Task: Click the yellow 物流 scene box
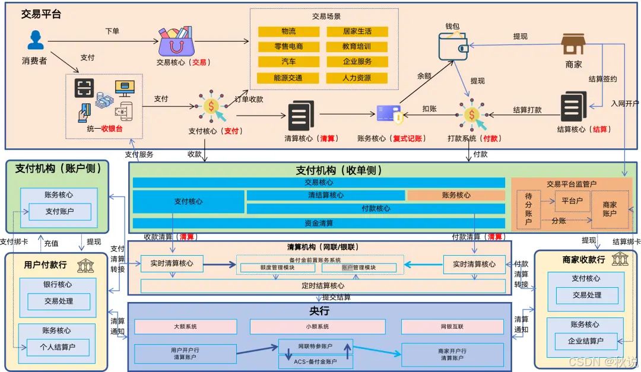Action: [x=288, y=31]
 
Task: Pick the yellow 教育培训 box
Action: [x=357, y=46]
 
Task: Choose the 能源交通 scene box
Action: [x=288, y=78]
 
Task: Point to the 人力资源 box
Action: [x=357, y=78]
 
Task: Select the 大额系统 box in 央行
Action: [x=185, y=327]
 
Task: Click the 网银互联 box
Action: [x=452, y=327]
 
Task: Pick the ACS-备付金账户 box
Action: [x=315, y=361]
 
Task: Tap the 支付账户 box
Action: [x=60, y=211]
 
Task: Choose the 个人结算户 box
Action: [x=58, y=347]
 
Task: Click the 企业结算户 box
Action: [x=586, y=341]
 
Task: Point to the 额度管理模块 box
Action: [x=277, y=268]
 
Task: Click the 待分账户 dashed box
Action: [x=528, y=209]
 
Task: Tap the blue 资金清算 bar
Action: [x=319, y=223]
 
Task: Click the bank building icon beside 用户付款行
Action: [x=85, y=265]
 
